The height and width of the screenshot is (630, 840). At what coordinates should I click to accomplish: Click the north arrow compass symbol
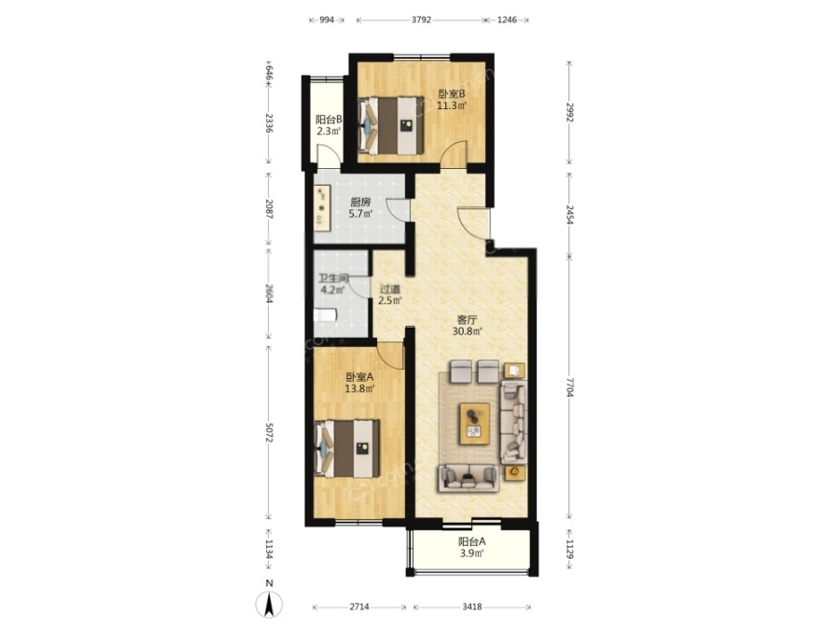point(269,604)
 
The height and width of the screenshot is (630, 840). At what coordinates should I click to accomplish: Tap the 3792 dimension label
point(421,20)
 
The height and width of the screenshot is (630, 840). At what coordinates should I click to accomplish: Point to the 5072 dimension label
point(269,432)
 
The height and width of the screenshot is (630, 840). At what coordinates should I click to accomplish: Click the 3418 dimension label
point(472,607)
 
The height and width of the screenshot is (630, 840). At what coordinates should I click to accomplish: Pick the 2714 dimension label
point(359,607)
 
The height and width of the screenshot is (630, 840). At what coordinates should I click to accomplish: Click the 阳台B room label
point(329,119)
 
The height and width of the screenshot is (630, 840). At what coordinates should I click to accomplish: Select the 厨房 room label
point(360,202)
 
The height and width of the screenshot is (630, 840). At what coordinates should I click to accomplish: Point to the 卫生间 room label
point(333,278)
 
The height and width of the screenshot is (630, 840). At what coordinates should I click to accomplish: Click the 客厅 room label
point(467,320)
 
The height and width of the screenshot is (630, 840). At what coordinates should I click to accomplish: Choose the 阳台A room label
point(472,541)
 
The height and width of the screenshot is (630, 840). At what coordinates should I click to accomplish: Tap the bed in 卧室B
point(392,125)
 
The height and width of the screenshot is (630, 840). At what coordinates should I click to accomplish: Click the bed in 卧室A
point(347,449)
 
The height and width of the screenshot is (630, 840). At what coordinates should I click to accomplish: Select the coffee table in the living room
point(475,423)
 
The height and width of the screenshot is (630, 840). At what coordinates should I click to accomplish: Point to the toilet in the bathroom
point(324,315)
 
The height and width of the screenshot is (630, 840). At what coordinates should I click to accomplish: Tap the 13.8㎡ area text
point(359,388)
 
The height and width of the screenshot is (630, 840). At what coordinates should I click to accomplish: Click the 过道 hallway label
point(389,289)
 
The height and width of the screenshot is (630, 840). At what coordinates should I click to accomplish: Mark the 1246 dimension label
point(507,20)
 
